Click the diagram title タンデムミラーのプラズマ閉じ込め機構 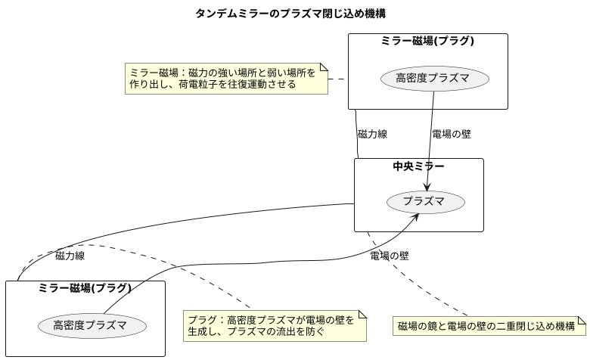[294, 13]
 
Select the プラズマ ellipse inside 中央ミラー [426, 202]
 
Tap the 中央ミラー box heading [418, 166]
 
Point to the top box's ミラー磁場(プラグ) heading [427, 42]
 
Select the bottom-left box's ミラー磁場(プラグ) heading [85, 288]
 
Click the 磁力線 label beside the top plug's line [372, 134]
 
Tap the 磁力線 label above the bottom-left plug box [70, 256]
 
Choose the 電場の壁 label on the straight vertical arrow [451, 134]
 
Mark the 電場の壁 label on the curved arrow [390, 256]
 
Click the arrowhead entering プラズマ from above [428, 187]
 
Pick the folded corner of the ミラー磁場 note [324, 68]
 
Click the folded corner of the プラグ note [362, 315]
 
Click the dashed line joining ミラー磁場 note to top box [337, 79]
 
